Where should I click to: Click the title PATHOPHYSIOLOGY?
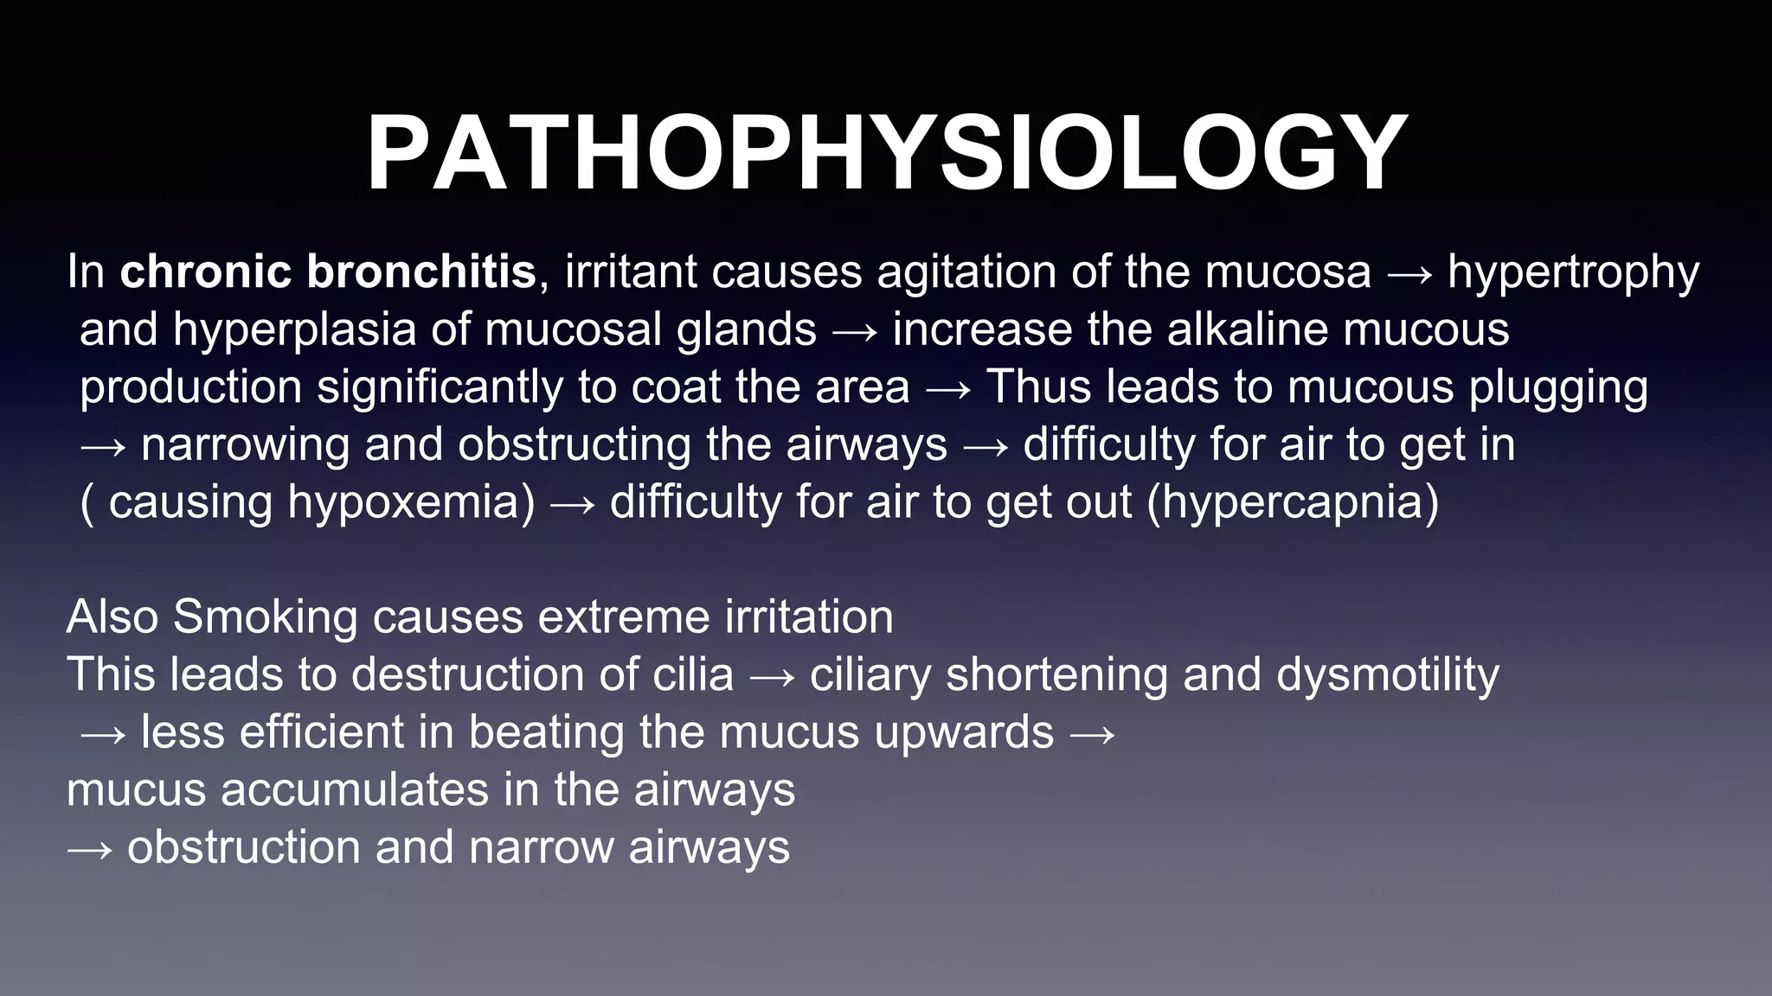tap(886, 154)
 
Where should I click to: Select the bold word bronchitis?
tap(421, 271)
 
